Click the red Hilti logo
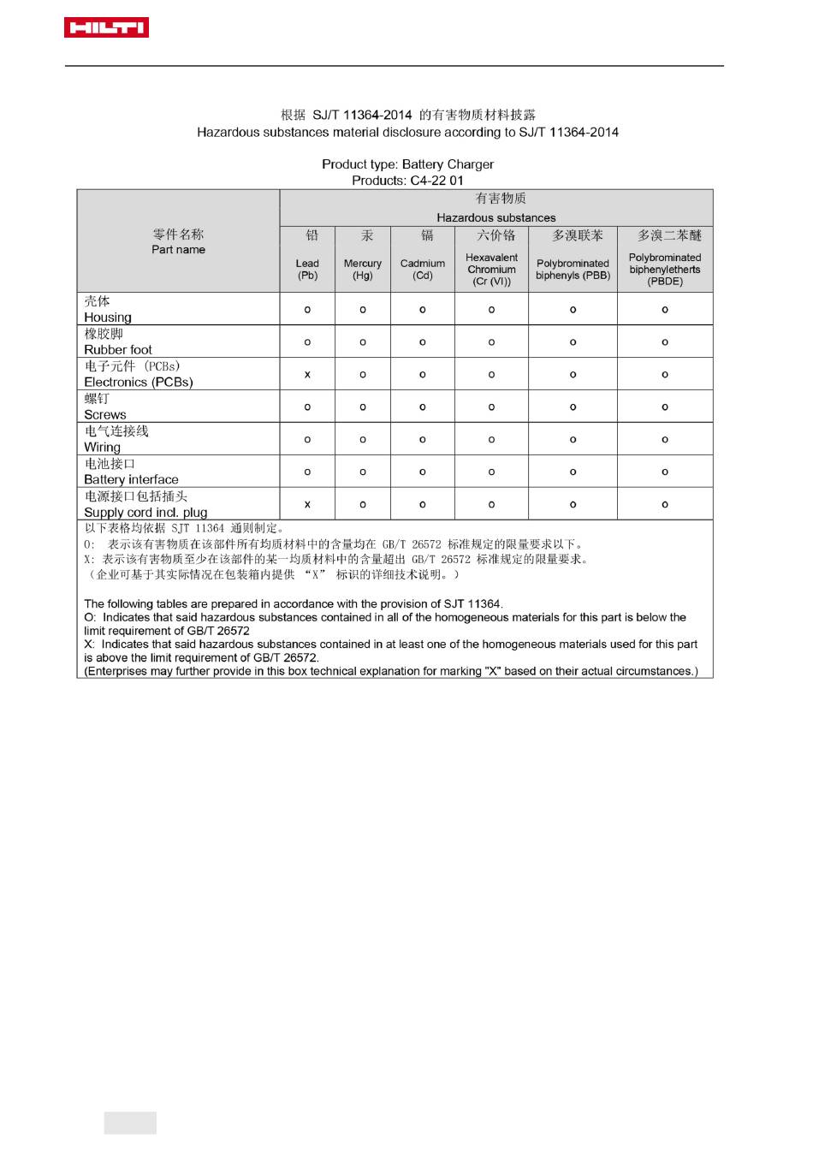point(106,28)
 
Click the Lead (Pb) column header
point(307,269)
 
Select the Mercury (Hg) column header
point(363,269)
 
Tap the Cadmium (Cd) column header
point(423,269)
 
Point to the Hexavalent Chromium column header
point(491,269)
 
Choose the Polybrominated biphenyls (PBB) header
point(573,269)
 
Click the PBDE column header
point(665,269)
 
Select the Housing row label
point(108,317)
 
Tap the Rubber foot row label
point(118,349)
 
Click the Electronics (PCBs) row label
point(139,382)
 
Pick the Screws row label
point(105,414)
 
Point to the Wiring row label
point(103,447)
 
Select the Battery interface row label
point(132,479)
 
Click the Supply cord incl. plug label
point(145,512)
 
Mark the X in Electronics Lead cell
point(307,374)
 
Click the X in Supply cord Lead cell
point(307,504)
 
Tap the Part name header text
point(178,249)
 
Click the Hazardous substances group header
point(496,217)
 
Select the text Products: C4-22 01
point(407,181)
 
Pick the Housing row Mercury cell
point(363,309)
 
